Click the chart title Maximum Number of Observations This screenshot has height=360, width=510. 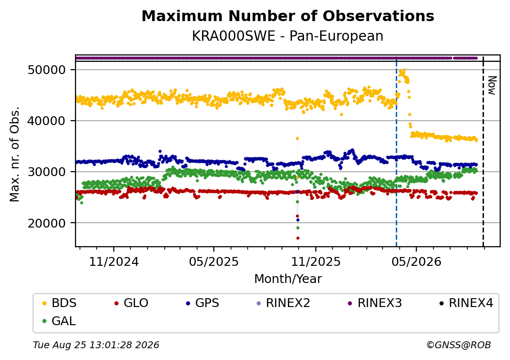click(288, 16)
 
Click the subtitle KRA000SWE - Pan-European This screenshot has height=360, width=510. click(288, 36)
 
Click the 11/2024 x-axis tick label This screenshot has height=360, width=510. click(114, 262)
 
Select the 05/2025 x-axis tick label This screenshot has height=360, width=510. click(214, 262)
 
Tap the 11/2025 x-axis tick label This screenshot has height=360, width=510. click(315, 262)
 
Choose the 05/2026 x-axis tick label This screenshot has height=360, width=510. click(416, 262)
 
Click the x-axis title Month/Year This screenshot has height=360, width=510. click(288, 279)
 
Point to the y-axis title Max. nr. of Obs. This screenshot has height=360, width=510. click(15, 154)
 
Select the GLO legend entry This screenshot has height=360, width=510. click(131, 303)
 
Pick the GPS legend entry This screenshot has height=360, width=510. click(203, 303)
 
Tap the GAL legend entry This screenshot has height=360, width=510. click(59, 321)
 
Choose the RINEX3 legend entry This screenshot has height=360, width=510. click(375, 303)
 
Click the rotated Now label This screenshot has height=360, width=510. click(492, 85)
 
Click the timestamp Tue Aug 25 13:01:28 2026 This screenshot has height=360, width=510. click(96, 345)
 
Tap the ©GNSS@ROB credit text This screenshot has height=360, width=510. click(459, 345)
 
